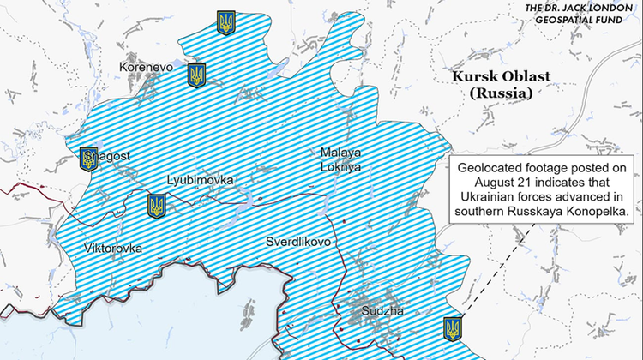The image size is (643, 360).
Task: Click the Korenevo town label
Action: click(x=147, y=65)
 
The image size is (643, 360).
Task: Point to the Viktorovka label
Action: click(x=113, y=249)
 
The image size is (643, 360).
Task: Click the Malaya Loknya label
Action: click(x=340, y=160)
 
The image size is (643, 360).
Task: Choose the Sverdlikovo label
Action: click(x=297, y=242)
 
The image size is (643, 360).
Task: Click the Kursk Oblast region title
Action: click(x=502, y=76)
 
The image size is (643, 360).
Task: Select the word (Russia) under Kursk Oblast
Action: click(x=502, y=93)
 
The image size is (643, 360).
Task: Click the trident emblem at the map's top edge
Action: click(x=226, y=23)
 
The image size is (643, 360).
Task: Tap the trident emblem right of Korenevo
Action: click(x=196, y=75)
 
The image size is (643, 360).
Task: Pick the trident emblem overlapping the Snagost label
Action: click(x=88, y=159)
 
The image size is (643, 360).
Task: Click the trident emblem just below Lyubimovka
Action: click(x=156, y=206)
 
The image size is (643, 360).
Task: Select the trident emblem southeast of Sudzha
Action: click(x=452, y=327)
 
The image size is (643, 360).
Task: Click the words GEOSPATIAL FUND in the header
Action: click(x=584, y=23)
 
